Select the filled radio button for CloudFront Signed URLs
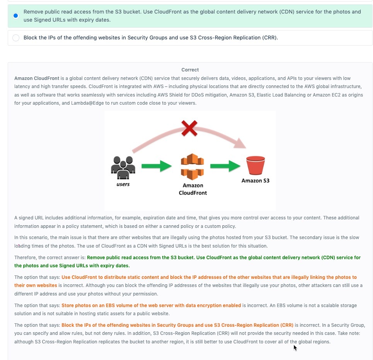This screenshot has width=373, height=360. tap(15, 16)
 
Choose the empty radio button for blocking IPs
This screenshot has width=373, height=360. tap(15, 38)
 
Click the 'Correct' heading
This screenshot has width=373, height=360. tap(190, 70)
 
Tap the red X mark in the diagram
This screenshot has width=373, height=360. tap(189, 128)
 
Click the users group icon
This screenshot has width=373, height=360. tap(123, 167)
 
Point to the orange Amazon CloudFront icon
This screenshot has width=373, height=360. tap(192, 167)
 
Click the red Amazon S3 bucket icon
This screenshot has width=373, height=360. tap(255, 165)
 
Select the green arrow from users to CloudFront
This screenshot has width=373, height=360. tap(156, 166)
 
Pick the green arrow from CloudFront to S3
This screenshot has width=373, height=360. tap(225, 166)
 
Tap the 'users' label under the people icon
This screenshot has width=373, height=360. tap(123, 184)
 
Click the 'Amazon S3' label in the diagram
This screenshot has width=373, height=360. tap(255, 180)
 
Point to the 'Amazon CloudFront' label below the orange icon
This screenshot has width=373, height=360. tap(192, 189)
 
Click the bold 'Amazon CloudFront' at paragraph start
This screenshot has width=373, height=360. tap(37, 78)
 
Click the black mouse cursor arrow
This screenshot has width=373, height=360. tap(295, 348)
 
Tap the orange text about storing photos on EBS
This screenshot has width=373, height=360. tap(151, 306)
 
